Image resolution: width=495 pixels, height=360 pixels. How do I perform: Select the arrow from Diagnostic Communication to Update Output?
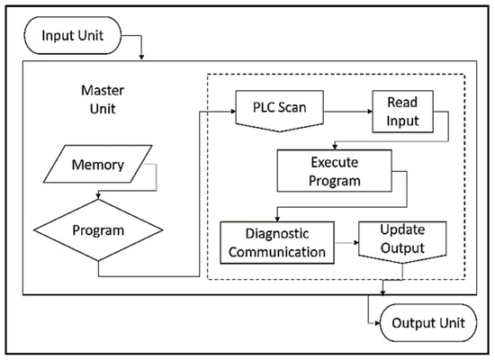(346, 242)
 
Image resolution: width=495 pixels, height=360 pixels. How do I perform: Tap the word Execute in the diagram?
(335, 164)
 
